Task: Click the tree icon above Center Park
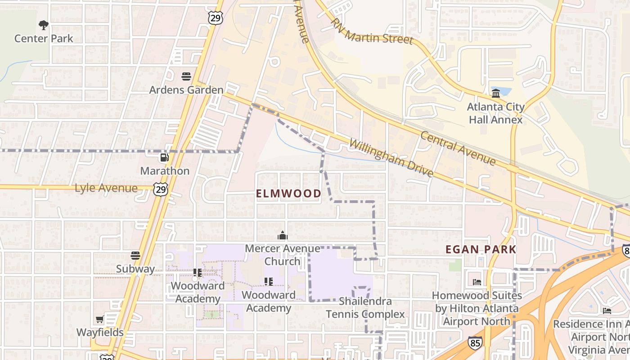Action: coord(44,25)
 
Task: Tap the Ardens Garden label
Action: coord(186,90)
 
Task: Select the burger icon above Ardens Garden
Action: coord(186,76)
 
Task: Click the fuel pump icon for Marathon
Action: coord(165,157)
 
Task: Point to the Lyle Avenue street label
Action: coord(106,188)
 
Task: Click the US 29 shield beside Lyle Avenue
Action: coord(160,189)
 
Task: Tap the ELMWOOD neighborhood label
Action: coord(288,194)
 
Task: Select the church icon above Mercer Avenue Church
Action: coord(283,235)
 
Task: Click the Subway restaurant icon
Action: coord(135,256)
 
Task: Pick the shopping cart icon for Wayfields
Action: coord(100,319)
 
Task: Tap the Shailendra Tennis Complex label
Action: coord(365,308)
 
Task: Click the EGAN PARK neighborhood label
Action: coord(481,249)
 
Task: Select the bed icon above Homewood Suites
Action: coord(477,282)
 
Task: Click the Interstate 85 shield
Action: coord(475,343)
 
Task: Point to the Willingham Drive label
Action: coord(391,158)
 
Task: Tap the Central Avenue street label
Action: coord(458,148)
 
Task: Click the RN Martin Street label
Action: coord(372,31)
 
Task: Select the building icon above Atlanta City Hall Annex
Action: coord(496,94)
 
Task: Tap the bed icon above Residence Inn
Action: coord(607,310)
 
